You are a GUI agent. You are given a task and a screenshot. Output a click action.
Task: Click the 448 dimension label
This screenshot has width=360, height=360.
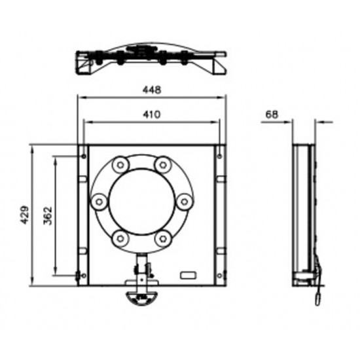click(x=152, y=90)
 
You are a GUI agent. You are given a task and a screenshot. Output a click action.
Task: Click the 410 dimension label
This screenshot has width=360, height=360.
click(x=152, y=114)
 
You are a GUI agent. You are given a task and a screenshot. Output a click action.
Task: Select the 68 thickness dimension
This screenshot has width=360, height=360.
click(x=272, y=115)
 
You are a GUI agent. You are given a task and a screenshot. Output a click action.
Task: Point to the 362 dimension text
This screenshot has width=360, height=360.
click(x=48, y=216)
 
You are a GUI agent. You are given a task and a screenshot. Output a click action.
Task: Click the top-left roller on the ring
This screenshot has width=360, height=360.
click(x=120, y=164)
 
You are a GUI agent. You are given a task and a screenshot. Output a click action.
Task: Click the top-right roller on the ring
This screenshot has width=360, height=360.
click(x=163, y=164)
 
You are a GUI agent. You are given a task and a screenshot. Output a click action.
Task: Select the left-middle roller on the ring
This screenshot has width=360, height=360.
click(x=99, y=202)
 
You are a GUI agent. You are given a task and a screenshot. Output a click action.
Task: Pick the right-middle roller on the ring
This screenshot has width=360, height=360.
click(x=185, y=202)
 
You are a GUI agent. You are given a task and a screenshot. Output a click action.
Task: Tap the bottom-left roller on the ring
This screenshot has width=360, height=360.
click(x=120, y=238)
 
